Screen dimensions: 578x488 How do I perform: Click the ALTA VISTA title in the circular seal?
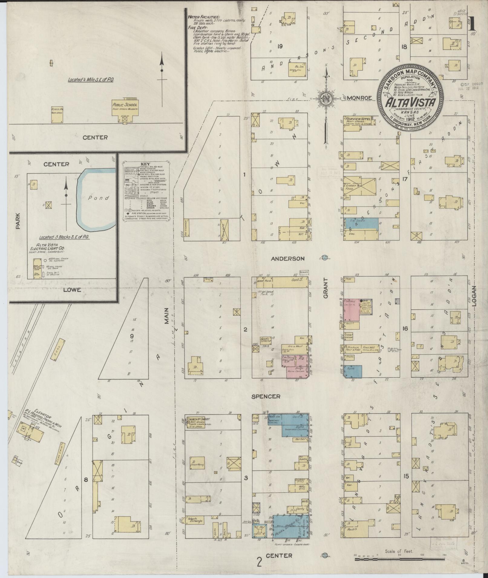pos(408,104)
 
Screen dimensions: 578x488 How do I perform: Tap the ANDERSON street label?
pos(287,259)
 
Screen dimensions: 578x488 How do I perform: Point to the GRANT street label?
pos(326,292)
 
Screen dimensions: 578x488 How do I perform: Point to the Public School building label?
pos(125,105)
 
